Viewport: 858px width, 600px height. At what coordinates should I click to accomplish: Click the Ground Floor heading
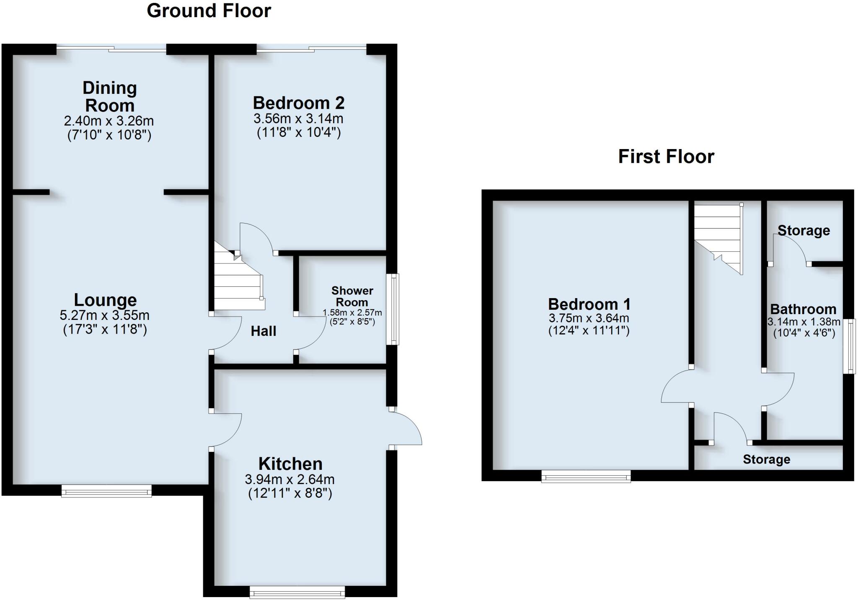[209, 11]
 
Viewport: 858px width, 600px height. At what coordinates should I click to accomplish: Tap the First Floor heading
[666, 157]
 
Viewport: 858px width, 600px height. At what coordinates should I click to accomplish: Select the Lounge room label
[105, 300]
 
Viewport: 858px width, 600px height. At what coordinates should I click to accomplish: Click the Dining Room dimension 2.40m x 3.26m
[109, 121]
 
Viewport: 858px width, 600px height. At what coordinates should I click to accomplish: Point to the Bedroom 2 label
[298, 103]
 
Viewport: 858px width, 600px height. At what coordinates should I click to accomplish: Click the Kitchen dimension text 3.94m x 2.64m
[289, 479]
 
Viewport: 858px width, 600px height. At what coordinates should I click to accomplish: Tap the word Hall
[263, 331]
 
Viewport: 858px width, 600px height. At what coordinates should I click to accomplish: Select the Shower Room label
[352, 296]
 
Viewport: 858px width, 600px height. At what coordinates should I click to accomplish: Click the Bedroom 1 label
[589, 304]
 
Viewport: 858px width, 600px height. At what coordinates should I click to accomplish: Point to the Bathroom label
[803, 309]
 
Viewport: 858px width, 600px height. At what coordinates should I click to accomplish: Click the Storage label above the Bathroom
[804, 230]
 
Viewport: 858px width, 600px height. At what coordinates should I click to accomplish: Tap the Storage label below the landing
[766, 459]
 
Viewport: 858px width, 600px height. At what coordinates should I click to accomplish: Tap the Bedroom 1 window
[586, 476]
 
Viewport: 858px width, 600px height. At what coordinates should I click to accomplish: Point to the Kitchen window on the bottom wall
[297, 592]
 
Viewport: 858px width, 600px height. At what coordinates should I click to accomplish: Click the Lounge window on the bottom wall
[106, 491]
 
